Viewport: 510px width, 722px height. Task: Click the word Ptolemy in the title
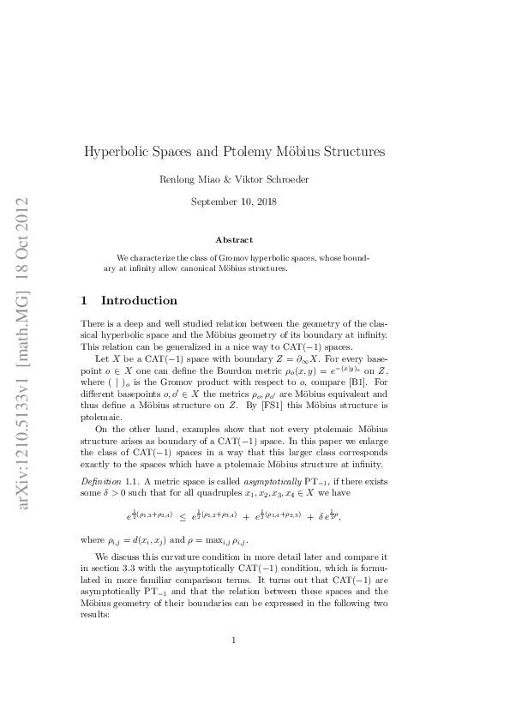pyautogui.click(x=258, y=152)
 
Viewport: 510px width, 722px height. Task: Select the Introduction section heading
pyautogui.click(x=140, y=301)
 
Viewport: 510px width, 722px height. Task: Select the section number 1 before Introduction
pyautogui.click(x=83, y=301)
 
